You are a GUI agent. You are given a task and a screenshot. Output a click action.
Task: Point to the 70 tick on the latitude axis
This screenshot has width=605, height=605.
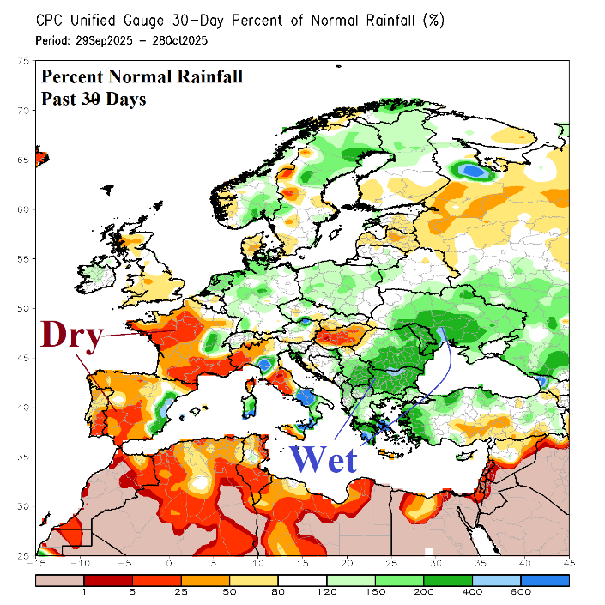(23, 110)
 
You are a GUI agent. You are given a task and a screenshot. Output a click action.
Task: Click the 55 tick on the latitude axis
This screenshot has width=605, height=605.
(23, 258)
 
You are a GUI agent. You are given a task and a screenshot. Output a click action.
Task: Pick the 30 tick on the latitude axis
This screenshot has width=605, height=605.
(23, 506)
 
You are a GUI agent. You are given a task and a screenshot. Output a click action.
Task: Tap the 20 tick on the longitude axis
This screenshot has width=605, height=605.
(347, 563)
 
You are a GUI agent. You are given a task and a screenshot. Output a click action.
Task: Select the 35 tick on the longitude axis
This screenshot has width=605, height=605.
(481, 563)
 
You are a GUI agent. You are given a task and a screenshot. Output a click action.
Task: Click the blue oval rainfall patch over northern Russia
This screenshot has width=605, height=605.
(471, 171)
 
